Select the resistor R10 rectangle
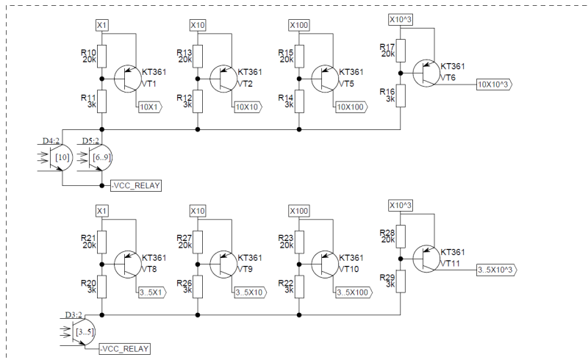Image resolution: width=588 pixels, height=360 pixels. point(101,57)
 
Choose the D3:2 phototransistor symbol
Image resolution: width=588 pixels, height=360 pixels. point(83,332)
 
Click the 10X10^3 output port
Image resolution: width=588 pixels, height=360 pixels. point(494,84)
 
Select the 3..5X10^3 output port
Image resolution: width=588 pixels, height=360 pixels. point(497,270)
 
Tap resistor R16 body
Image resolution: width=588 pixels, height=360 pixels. point(401,96)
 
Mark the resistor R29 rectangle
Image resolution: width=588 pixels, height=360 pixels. point(401,281)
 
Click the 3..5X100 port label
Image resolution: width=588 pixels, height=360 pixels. point(354,292)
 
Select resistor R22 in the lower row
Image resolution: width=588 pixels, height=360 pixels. point(299,287)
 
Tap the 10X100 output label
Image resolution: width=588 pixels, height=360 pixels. point(352,107)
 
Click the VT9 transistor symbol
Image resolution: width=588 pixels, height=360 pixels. point(224,264)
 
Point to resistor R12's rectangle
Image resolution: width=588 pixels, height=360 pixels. point(198,101)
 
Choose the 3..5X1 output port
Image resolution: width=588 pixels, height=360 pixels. point(152,292)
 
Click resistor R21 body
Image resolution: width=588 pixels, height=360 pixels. point(101,242)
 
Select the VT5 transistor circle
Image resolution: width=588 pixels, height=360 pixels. point(325,79)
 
